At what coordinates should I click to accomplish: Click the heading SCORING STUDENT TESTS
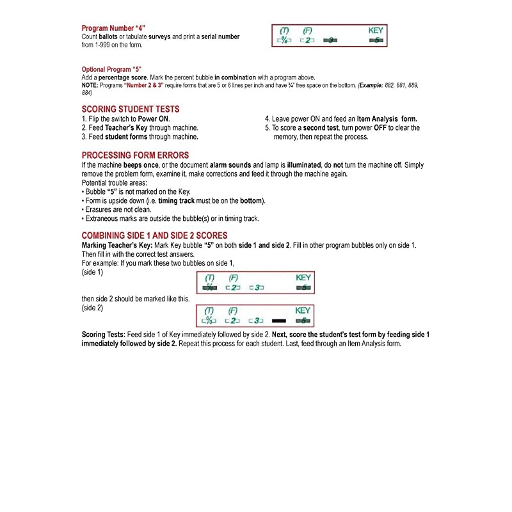(x=131, y=109)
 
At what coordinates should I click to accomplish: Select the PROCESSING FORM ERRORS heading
(x=135, y=156)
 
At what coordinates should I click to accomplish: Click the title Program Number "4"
(x=113, y=28)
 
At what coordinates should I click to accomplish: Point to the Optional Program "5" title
(x=111, y=69)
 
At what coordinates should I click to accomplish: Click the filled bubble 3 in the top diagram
(x=329, y=40)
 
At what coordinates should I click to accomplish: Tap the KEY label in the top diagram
(x=376, y=30)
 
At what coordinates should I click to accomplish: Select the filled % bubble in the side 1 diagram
(x=209, y=287)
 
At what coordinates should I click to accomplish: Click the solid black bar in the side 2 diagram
(x=279, y=320)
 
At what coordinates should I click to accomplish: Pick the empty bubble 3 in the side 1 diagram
(x=256, y=287)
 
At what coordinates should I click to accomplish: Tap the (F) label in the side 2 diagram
(x=234, y=310)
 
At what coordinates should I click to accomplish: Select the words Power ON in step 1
(x=154, y=119)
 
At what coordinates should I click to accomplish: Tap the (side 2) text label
(x=94, y=308)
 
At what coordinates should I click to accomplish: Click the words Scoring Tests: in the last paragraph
(x=103, y=335)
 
